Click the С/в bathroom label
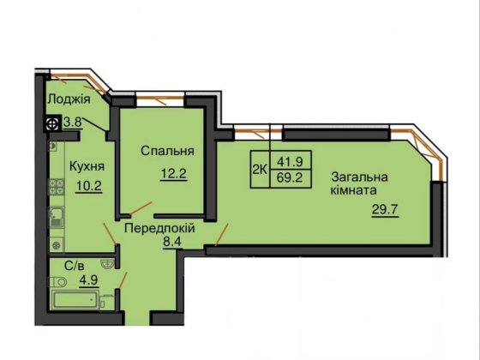(x=62, y=267)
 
